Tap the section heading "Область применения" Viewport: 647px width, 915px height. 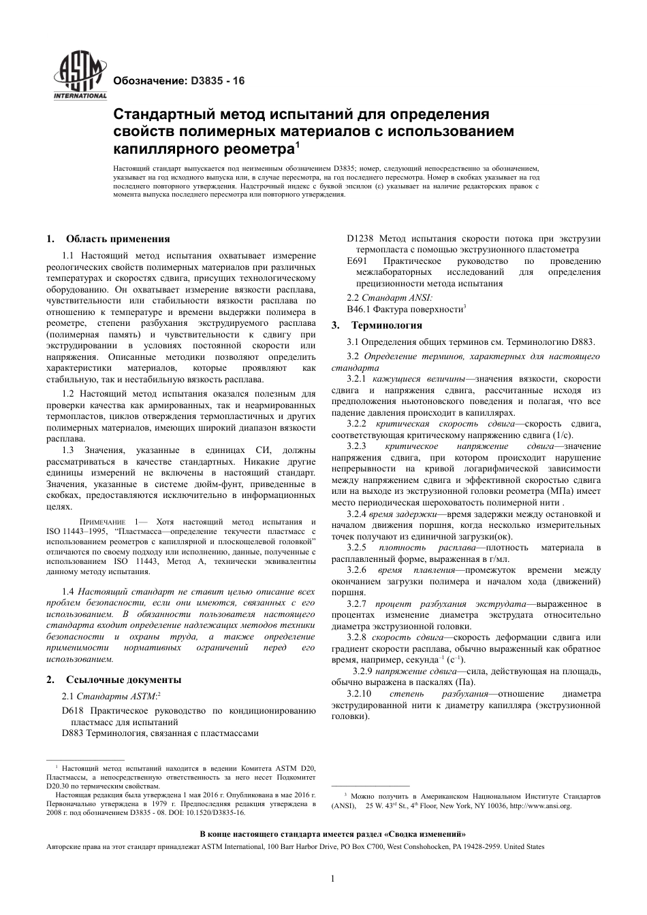tap(118, 239)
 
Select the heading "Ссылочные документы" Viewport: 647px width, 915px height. tap(123, 680)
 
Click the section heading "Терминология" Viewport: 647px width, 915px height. tap(386, 325)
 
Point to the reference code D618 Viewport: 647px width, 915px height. tap(72, 711)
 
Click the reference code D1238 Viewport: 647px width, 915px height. tap(360, 239)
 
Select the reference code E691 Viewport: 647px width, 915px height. tap(357, 261)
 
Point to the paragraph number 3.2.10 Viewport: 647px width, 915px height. tap(359, 694)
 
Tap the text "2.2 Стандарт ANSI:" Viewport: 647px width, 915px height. tap(389, 297)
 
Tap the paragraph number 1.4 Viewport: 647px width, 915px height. tap(67, 593)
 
